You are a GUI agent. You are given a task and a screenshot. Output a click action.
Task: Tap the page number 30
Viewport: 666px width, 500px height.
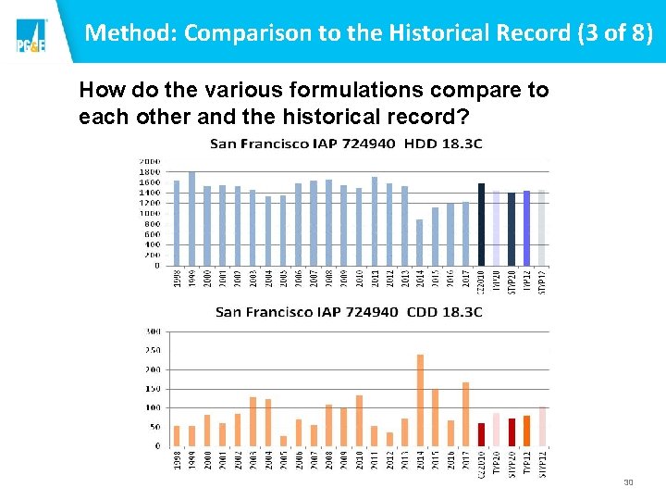coord(628,482)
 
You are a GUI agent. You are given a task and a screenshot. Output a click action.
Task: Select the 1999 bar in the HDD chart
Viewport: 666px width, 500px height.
coord(191,219)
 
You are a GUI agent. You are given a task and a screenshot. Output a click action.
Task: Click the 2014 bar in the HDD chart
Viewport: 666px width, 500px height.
coord(420,243)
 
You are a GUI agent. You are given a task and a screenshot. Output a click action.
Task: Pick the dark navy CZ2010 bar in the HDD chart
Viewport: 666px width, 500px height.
coord(481,224)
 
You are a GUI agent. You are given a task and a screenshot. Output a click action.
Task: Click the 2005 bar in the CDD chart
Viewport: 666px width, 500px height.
coord(283,441)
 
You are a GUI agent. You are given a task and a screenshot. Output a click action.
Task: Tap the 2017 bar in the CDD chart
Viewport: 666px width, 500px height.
coord(465,414)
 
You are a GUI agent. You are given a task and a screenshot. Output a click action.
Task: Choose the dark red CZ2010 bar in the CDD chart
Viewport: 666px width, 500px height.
coord(481,434)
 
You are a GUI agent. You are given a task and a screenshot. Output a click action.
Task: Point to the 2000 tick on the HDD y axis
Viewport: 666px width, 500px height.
coord(149,161)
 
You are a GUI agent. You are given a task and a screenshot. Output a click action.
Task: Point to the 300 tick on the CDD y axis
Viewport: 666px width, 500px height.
coord(153,331)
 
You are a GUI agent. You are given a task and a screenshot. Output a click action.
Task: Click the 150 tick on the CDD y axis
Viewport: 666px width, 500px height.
coord(153,389)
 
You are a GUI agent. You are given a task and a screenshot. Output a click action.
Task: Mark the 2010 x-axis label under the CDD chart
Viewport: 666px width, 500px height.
coord(359,460)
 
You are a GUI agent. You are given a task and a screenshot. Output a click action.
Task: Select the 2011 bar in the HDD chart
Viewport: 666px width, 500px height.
coord(375,221)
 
